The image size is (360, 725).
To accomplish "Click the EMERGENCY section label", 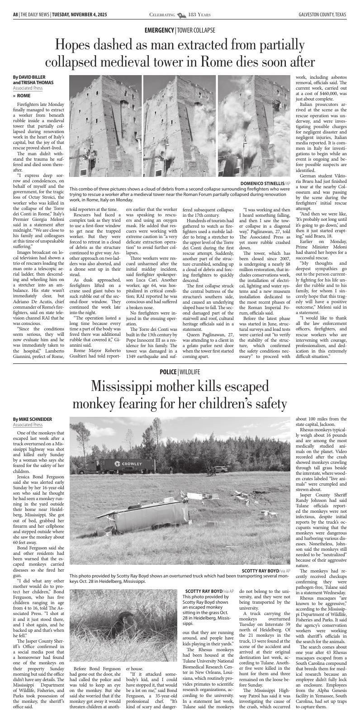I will pos(159,30).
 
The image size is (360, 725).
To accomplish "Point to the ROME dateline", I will pos(24,96).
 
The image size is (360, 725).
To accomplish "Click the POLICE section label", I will pos(168,372).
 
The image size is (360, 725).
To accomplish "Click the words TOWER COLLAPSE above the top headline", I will pos(196,30).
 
